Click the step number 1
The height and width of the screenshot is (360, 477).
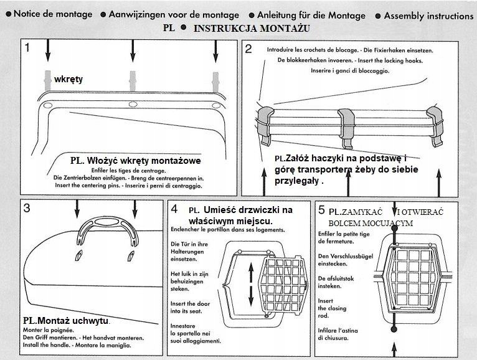[27, 47]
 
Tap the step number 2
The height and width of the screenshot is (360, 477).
[248, 49]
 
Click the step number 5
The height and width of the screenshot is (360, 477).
[321, 210]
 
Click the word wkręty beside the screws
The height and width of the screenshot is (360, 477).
[68, 80]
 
